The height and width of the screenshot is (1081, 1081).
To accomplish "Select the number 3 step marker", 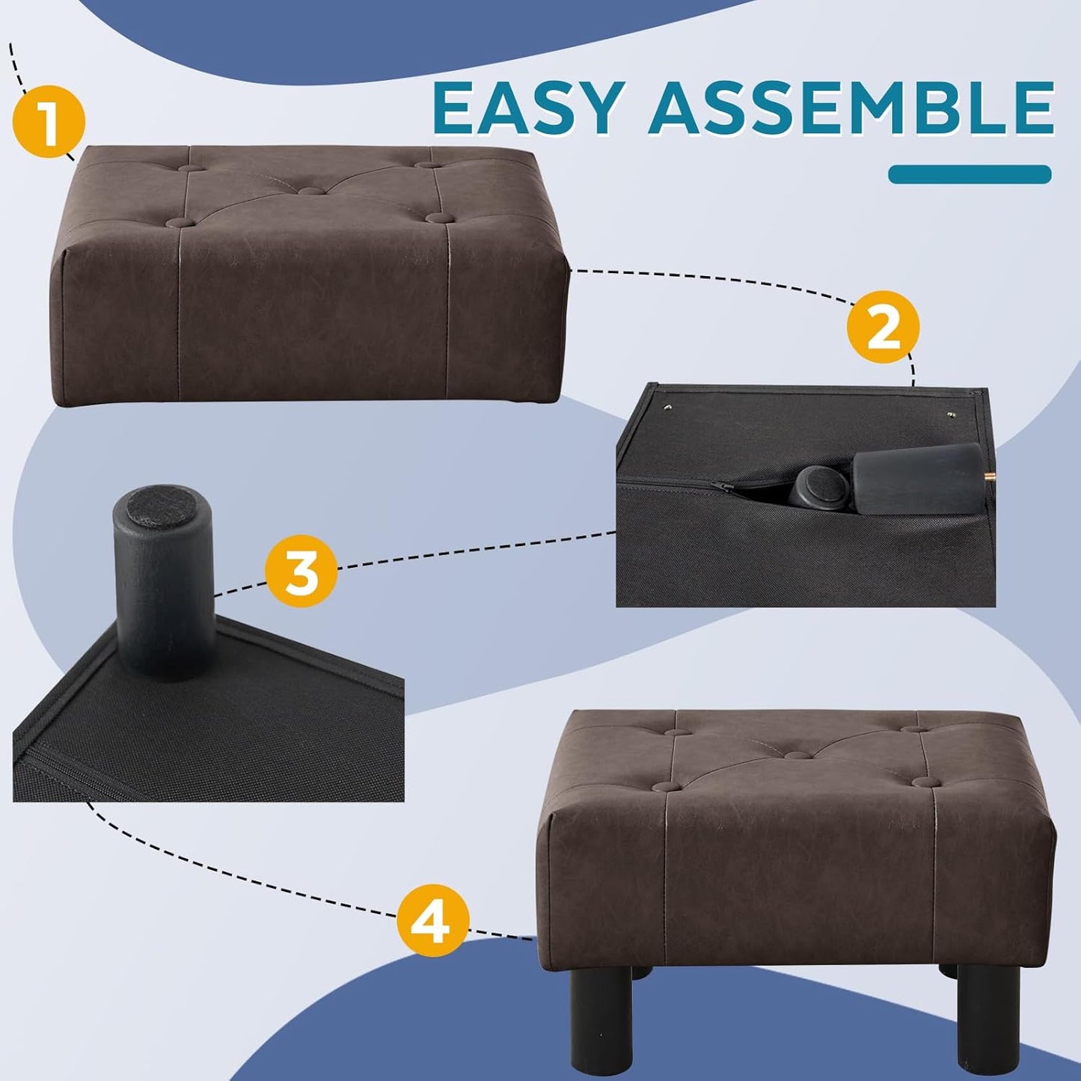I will (x=301, y=574).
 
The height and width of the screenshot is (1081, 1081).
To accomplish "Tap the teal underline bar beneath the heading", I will (x=970, y=174).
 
